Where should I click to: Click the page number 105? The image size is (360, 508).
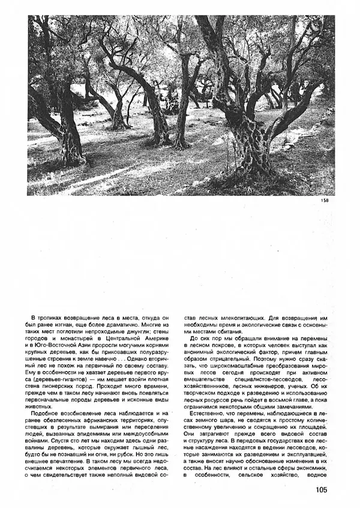(319, 489)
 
